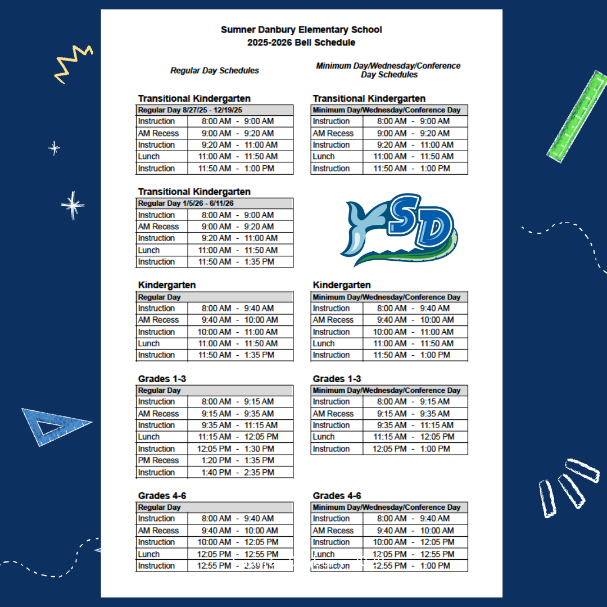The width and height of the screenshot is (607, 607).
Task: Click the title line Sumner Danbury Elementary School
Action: [301, 30]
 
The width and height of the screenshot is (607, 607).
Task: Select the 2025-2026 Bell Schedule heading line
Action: [301, 42]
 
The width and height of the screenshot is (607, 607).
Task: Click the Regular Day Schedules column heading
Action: [215, 71]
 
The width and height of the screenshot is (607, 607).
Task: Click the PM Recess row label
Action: [158, 460]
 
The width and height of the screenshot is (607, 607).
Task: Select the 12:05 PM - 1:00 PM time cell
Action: [414, 449]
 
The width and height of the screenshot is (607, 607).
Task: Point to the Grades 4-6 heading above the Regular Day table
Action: [162, 496]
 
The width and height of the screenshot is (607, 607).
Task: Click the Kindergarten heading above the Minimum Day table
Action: [342, 285]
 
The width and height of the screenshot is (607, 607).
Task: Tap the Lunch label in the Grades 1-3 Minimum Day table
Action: [324, 437]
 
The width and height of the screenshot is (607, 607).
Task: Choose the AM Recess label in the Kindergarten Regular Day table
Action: [158, 320]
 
